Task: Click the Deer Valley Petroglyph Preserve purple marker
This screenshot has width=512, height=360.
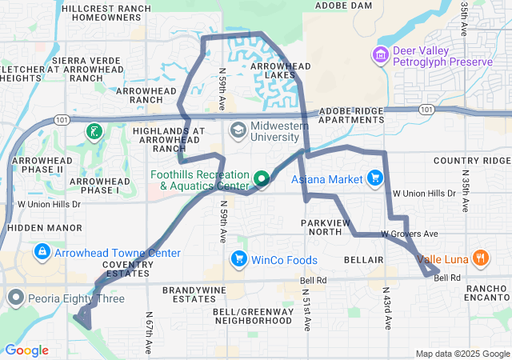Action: point(379,54)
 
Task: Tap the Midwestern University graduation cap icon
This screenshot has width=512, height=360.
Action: point(238,130)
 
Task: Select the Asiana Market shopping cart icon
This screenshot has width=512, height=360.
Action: point(374,178)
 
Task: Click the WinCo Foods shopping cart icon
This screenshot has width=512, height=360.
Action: point(238,259)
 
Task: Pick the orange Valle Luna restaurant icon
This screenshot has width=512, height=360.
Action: point(480,258)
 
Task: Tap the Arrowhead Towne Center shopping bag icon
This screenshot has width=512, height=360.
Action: point(41,253)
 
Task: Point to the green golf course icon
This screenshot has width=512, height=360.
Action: point(95,130)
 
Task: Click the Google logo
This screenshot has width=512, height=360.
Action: point(26,350)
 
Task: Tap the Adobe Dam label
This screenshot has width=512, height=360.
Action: point(344,5)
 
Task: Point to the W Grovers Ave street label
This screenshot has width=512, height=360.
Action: point(409,234)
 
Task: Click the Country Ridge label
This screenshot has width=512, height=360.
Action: point(472,161)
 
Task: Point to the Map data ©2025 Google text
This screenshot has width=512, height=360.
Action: point(462,354)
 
